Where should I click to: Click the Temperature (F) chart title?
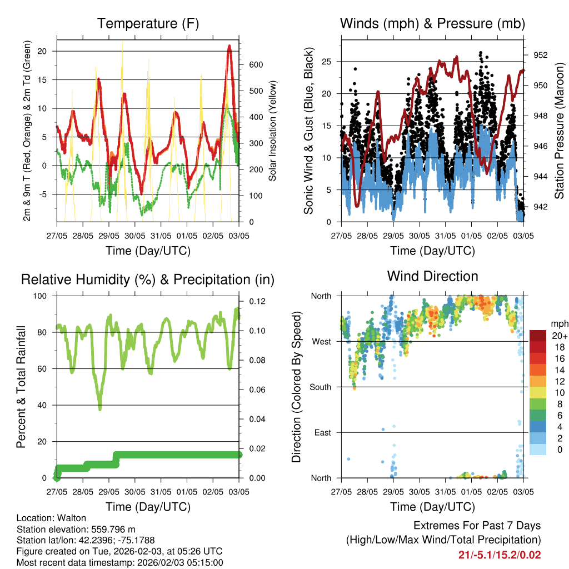[x=148, y=23]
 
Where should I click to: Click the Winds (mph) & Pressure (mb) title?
[x=432, y=23]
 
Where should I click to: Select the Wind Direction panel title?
[x=432, y=276]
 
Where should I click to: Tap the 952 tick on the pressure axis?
[x=541, y=55]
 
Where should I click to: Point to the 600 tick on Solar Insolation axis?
[x=256, y=65]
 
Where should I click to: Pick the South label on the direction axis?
[x=321, y=387]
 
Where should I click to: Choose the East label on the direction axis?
[x=323, y=432]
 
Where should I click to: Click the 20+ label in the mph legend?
[x=558, y=336]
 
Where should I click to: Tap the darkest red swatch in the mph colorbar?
[x=538, y=336]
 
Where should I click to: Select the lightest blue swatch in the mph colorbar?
[x=538, y=450]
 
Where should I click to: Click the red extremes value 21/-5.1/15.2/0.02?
[x=499, y=555]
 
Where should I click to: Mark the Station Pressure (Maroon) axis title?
[x=560, y=131]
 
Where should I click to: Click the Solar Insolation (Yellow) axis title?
[x=272, y=131]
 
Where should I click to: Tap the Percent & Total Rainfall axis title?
[x=21, y=387]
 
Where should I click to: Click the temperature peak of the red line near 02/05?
[x=229, y=46]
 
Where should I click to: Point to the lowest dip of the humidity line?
[x=100, y=409]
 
